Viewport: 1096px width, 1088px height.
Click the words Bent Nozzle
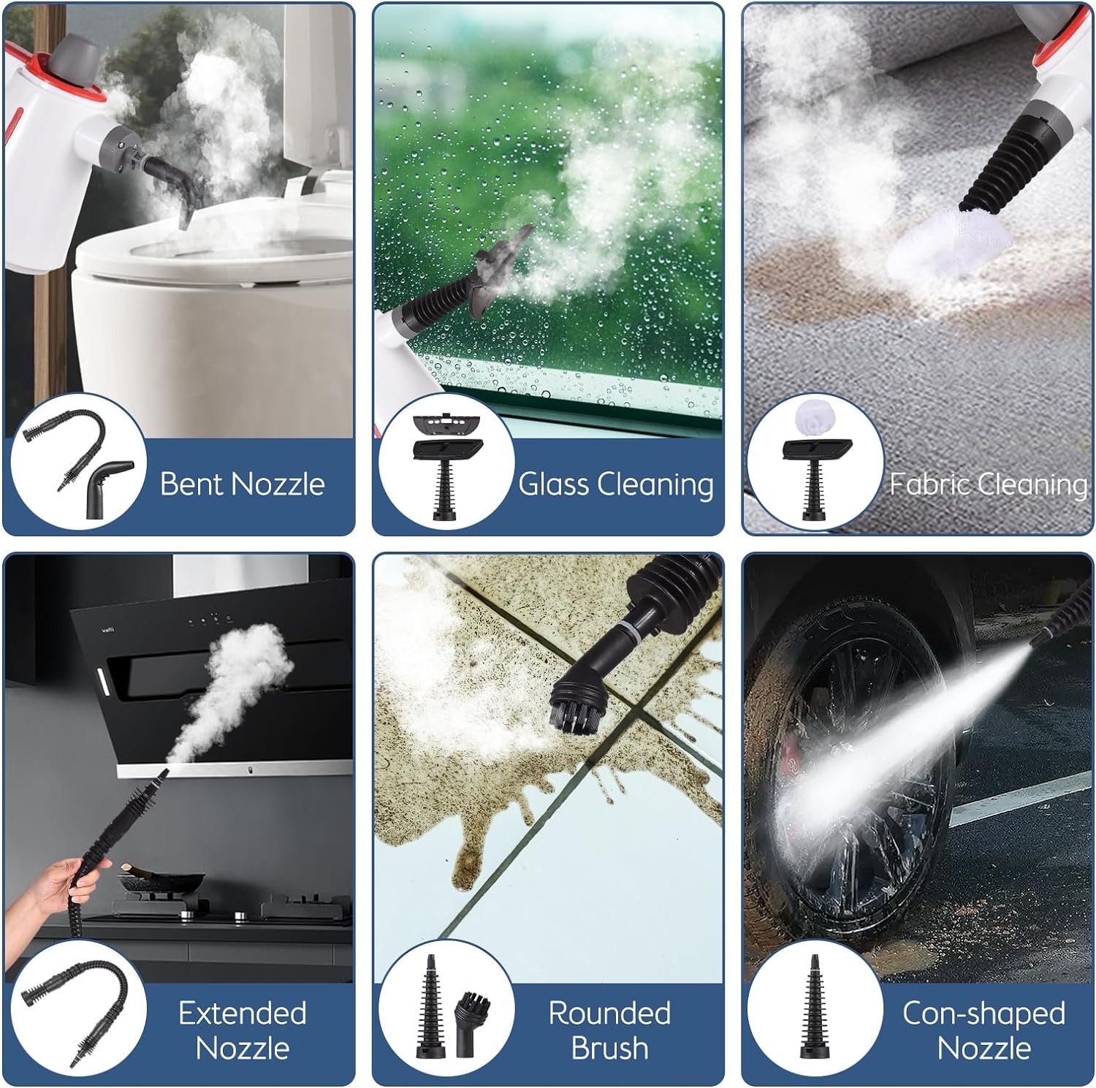tap(242, 484)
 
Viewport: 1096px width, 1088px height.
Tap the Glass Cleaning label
tap(615, 484)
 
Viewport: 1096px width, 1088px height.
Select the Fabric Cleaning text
tap(988, 484)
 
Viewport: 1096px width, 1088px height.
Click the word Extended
tap(243, 1013)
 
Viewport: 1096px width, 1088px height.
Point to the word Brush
tap(609, 1048)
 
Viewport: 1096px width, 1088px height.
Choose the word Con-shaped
tap(983, 1013)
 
